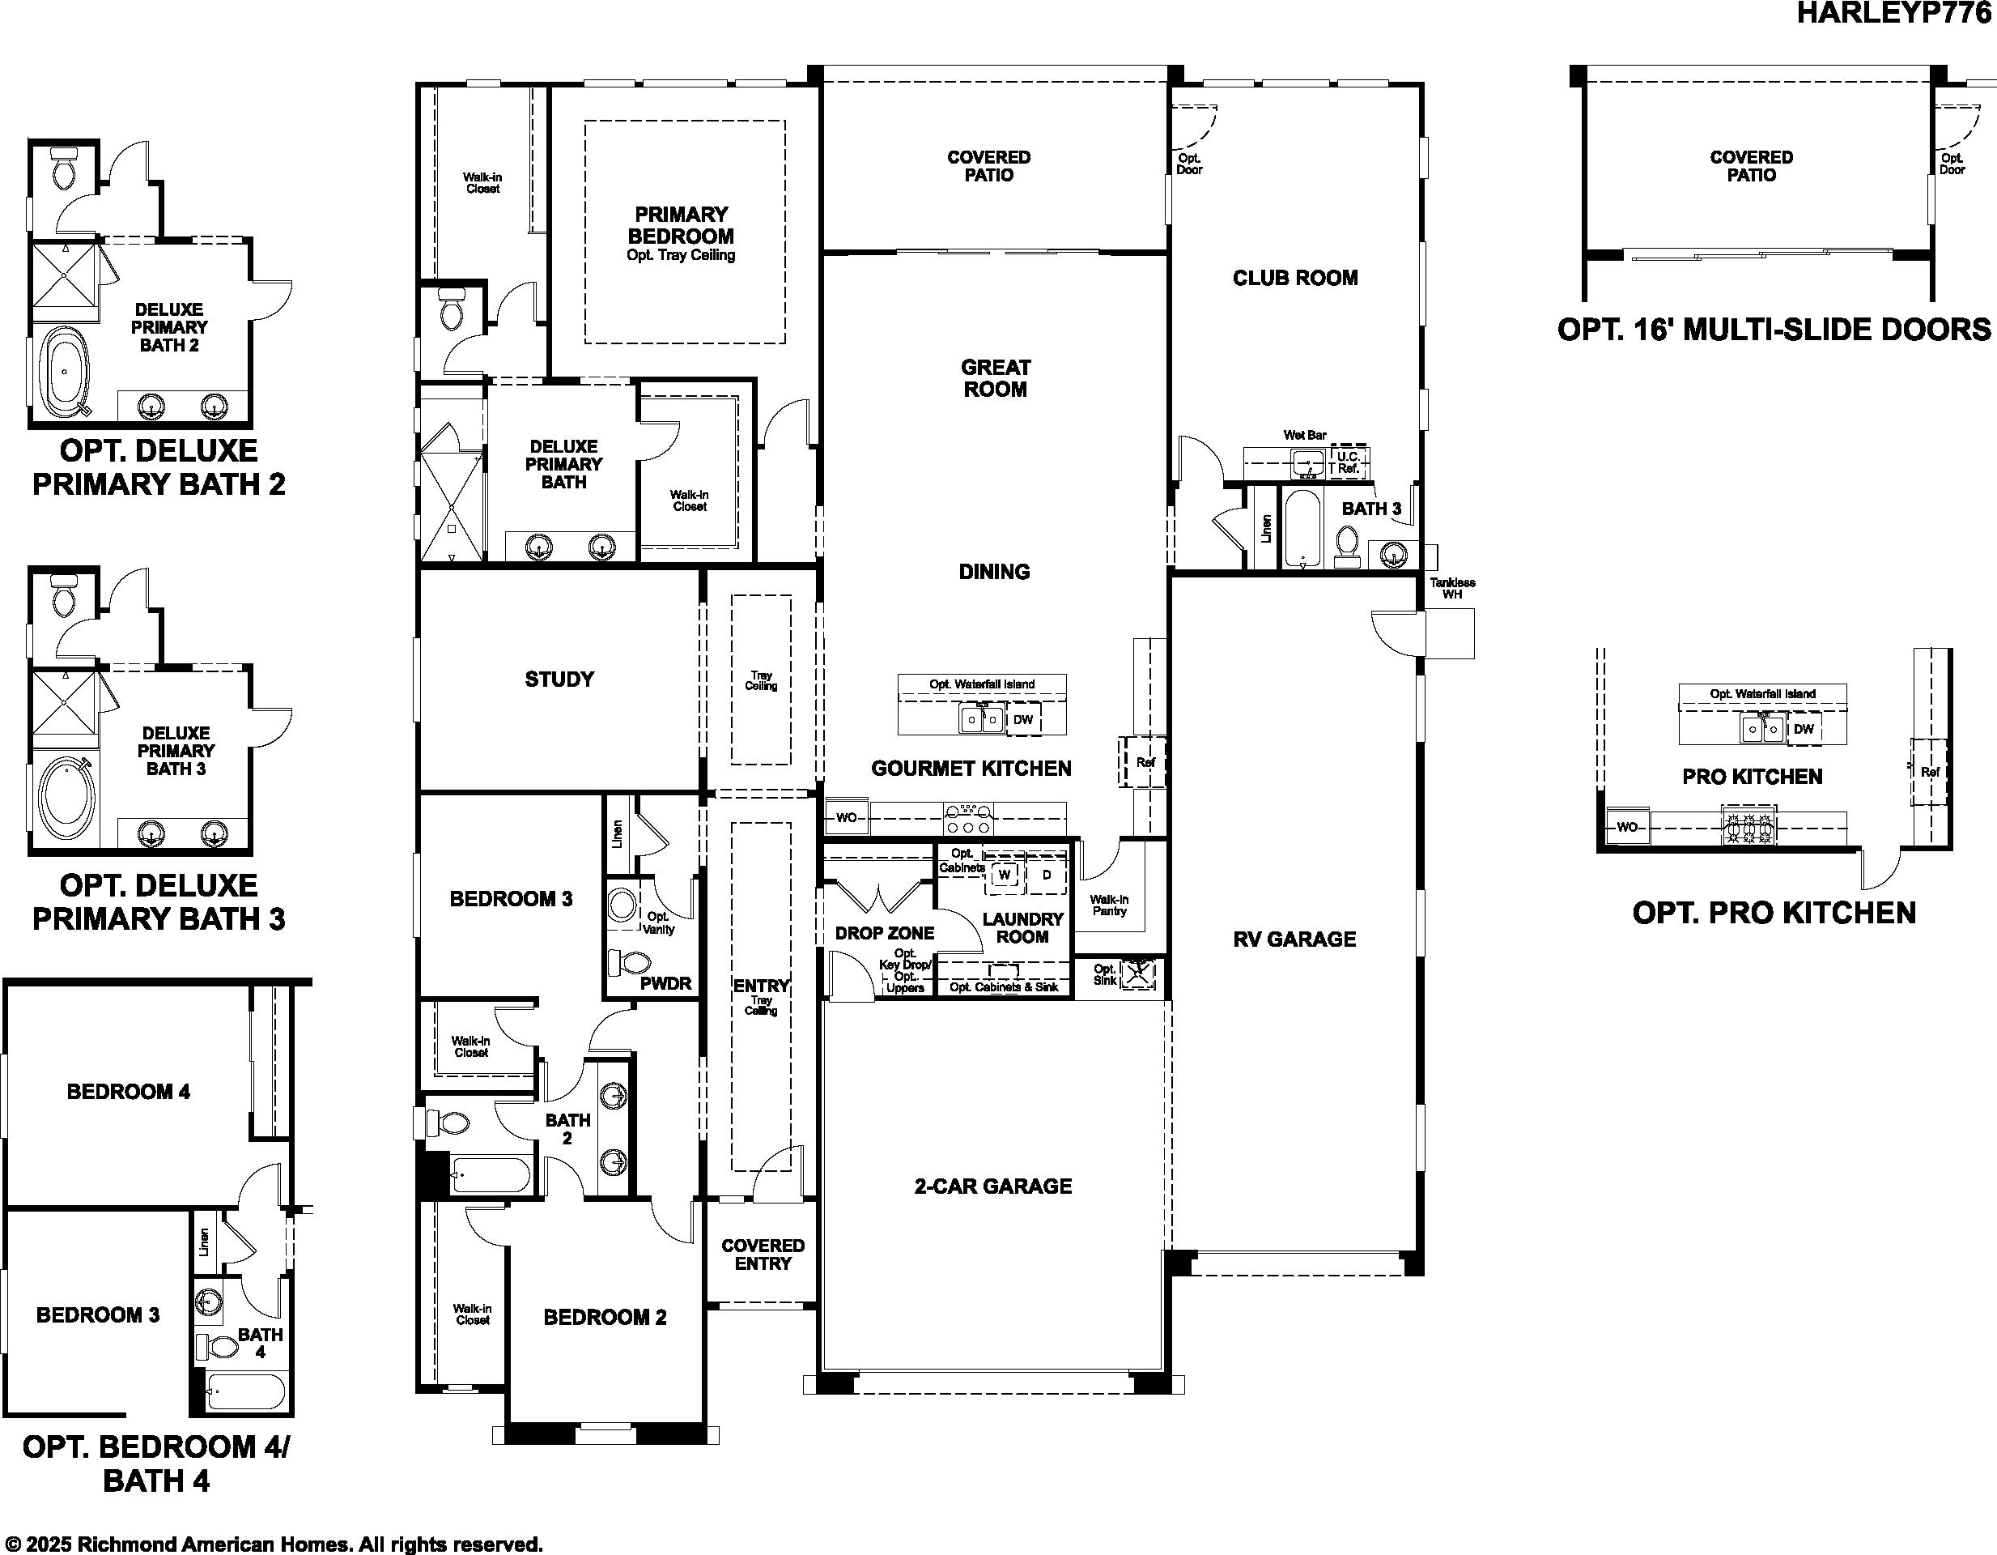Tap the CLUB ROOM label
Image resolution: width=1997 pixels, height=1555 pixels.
[x=1294, y=278]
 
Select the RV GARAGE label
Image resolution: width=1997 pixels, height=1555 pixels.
[x=1294, y=939]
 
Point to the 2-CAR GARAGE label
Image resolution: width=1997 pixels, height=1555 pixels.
[x=993, y=1186]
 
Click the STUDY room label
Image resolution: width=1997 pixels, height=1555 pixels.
[x=559, y=679]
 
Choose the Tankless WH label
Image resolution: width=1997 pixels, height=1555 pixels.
[x=1452, y=588]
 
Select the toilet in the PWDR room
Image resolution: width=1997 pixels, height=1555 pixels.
[x=631, y=962]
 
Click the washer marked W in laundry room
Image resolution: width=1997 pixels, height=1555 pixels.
[x=1004, y=875]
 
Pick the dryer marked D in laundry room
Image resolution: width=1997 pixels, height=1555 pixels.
[x=1047, y=875]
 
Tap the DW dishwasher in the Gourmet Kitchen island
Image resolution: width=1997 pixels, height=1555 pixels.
[x=1022, y=720]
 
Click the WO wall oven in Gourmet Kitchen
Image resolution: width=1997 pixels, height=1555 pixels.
[x=847, y=818]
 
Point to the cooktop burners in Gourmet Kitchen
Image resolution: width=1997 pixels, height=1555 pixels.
[x=968, y=819]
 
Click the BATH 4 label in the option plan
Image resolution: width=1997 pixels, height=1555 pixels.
[x=261, y=1343]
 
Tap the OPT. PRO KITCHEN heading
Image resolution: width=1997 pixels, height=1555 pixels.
[x=1774, y=913]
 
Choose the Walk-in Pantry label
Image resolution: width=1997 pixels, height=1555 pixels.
[x=1108, y=905]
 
